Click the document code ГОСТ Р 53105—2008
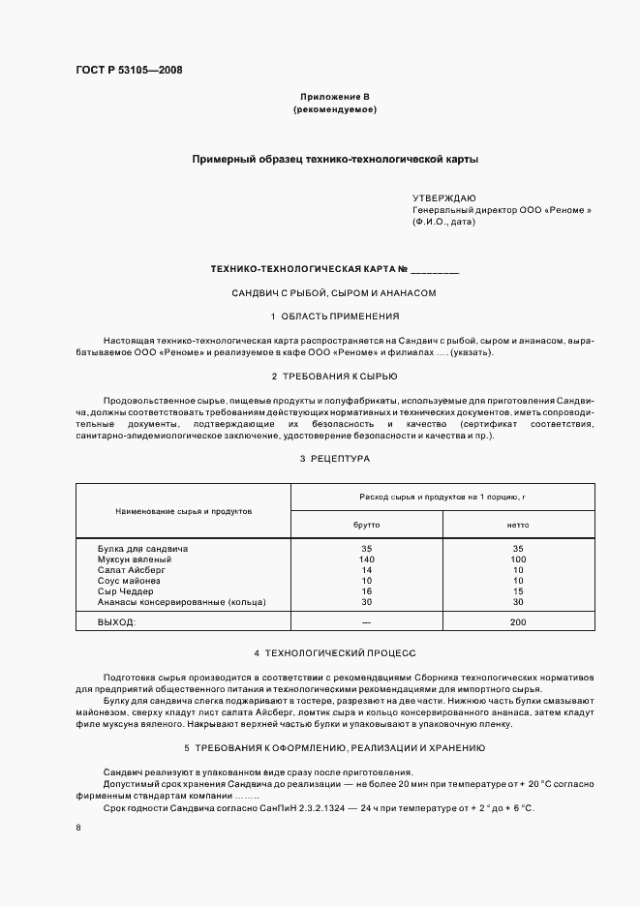pos(128,70)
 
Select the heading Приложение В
pos(334,97)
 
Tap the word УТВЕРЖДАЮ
pos(444,196)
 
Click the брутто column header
pos(366,524)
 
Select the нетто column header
pos(518,524)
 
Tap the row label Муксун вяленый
pos(135,559)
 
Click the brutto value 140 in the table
pos(366,559)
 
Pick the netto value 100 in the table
pos(518,559)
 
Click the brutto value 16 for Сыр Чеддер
pos(366,591)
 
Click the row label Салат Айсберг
pos(132,570)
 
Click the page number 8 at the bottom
pos(77,828)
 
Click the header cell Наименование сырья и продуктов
pos(183,510)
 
